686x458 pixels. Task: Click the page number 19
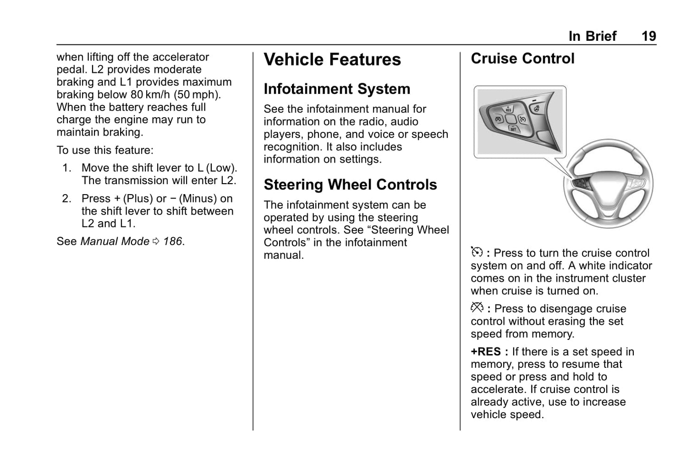(648, 36)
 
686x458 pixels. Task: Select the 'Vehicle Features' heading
(332, 60)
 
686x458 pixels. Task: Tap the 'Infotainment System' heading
(337, 89)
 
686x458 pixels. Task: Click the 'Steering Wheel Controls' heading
(350, 185)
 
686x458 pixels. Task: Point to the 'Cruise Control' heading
(522, 59)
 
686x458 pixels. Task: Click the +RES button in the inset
(508, 108)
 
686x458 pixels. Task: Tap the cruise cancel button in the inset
(498, 119)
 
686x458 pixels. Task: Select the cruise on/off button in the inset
(522, 119)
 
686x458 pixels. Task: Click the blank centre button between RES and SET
(510, 119)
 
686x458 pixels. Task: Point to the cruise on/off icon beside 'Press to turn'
(477, 252)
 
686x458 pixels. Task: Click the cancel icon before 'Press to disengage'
(477, 308)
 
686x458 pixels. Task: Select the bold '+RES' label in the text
(486, 352)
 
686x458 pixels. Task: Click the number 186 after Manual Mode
(173, 242)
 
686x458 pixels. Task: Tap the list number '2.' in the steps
(66, 199)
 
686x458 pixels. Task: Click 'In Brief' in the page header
(592, 36)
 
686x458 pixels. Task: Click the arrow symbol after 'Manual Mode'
(156, 242)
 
